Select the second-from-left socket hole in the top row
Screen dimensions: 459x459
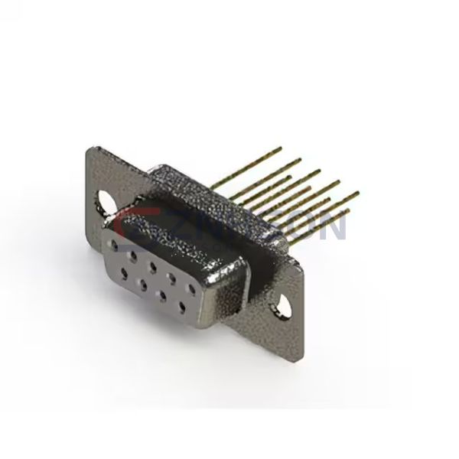(135, 255)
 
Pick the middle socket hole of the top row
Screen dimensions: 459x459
(154, 265)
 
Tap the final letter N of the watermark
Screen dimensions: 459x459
(335, 226)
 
